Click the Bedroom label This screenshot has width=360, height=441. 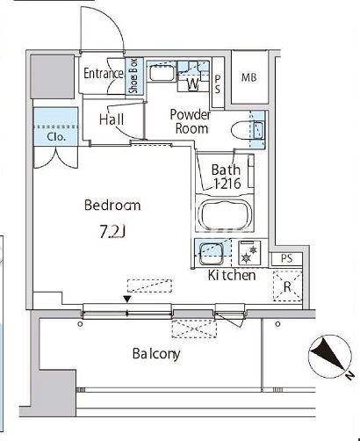(x=112, y=205)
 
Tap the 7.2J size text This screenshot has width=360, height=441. (x=113, y=232)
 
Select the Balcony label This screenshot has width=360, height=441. (x=156, y=354)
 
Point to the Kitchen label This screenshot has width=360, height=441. (x=232, y=275)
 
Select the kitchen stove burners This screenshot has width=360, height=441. (x=248, y=253)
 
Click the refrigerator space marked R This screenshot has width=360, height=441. (x=287, y=286)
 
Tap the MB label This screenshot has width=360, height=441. (x=248, y=77)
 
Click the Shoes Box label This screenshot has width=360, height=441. (x=134, y=76)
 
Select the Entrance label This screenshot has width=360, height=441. (x=104, y=73)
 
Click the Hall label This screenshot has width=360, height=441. (x=112, y=119)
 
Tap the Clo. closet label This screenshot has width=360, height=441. (x=55, y=137)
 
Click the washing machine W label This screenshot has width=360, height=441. (x=193, y=84)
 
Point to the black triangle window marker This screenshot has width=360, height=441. (x=127, y=299)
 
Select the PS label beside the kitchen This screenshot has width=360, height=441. (x=286, y=258)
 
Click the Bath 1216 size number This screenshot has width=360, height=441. (x=227, y=184)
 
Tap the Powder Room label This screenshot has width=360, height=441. (x=191, y=121)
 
